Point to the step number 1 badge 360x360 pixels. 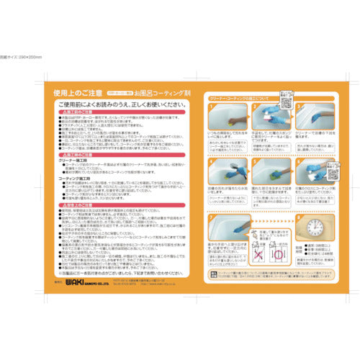pyautogui.click(x=210, y=105)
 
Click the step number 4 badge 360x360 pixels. pyautogui.click(x=210, y=160)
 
